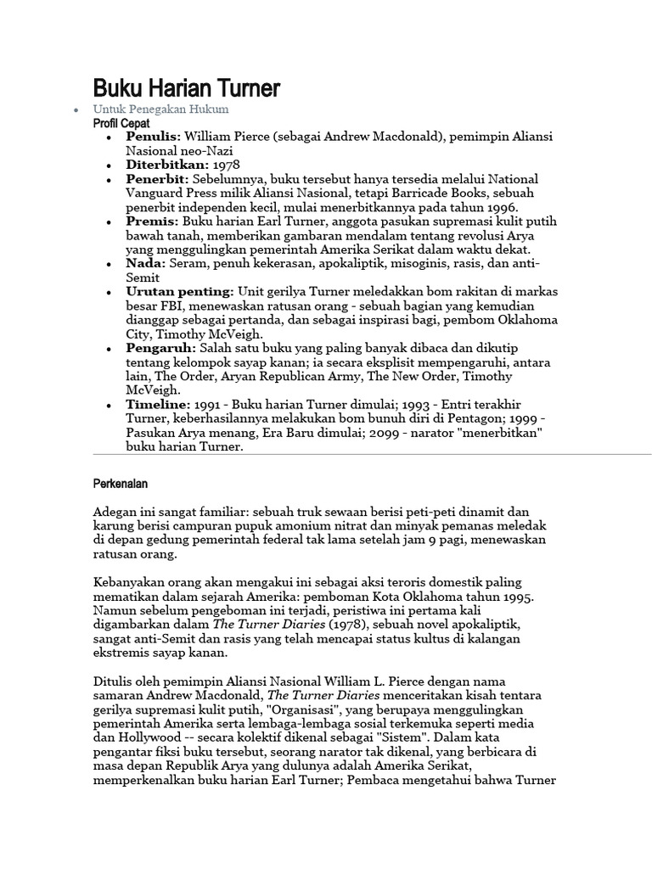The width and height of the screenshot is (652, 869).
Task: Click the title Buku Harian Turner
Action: click(186, 87)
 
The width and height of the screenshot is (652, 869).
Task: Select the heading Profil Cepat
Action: click(121, 123)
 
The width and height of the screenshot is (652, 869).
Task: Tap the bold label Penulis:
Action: click(154, 136)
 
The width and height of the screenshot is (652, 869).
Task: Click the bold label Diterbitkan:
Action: click(167, 165)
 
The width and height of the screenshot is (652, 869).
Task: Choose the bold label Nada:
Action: click(146, 264)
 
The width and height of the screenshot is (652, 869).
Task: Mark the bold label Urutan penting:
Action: click(181, 292)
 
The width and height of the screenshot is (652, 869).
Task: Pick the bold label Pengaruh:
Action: click(160, 349)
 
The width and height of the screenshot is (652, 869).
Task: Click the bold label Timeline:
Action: click(160, 406)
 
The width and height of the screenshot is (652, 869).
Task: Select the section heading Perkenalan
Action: click(120, 484)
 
